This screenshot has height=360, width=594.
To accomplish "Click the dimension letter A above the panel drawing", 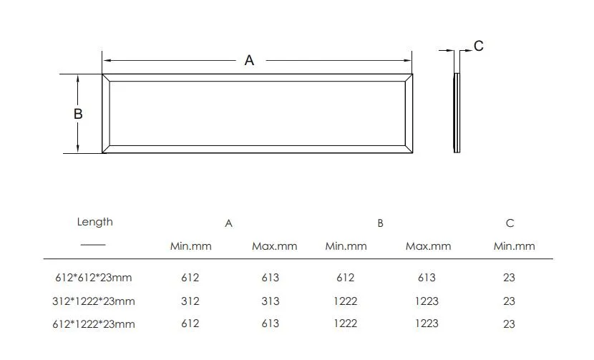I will [x=249, y=61].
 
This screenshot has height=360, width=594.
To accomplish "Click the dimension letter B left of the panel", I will [x=78, y=114].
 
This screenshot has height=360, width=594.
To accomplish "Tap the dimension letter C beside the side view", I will [x=479, y=46].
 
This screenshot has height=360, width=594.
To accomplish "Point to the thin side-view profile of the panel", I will [x=457, y=112].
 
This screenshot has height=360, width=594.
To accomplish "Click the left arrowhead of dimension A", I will [x=106, y=61].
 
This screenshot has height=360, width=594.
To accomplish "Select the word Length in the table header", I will [x=94, y=222].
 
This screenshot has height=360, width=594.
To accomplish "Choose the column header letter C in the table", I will [x=510, y=223].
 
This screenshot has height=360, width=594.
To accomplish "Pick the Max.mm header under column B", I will [x=428, y=246].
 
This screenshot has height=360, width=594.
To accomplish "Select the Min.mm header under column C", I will [x=514, y=246].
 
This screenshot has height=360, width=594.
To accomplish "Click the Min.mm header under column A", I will [x=190, y=246].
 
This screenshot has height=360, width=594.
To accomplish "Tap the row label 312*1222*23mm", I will [x=93, y=301].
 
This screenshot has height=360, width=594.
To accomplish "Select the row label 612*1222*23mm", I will [x=93, y=324].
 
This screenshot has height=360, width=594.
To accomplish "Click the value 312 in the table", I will [x=190, y=301].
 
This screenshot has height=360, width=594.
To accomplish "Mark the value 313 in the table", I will [x=270, y=301].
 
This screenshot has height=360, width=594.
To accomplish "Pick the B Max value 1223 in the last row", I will [x=427, y=324].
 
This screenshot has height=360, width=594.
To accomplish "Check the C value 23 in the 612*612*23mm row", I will [x=509, y=278].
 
